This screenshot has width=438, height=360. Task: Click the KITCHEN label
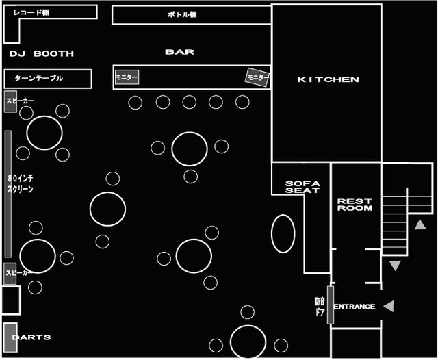[328, 80]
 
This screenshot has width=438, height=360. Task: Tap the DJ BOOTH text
[42, 53]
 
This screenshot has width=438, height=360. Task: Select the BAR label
[179, 52]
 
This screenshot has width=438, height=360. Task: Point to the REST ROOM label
[355, 205]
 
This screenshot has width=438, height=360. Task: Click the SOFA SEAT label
[302, 187]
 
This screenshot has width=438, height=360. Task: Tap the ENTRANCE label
[355, 307]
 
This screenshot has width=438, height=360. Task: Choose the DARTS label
[31, 337]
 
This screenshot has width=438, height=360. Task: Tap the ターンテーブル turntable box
[48, 79]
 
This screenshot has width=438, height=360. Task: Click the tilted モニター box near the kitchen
[257, 78]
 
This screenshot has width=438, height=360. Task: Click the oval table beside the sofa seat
[283, 234]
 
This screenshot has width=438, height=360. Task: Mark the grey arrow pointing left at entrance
[389, 306]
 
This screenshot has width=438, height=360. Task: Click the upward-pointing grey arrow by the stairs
[420, 224]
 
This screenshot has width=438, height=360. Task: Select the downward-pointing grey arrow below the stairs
[395, 265]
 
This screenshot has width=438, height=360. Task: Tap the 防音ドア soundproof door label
[320, 306]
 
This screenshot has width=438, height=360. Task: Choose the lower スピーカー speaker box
[10, 273]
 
